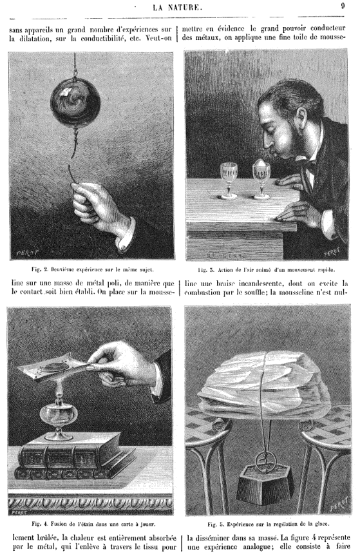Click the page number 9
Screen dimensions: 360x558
342,6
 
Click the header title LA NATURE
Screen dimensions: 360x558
178,7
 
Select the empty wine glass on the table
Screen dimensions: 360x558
229,181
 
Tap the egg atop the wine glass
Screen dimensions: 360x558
261,164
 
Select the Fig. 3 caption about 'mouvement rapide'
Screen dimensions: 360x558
267,270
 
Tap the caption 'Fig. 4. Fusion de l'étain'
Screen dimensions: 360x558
93,524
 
